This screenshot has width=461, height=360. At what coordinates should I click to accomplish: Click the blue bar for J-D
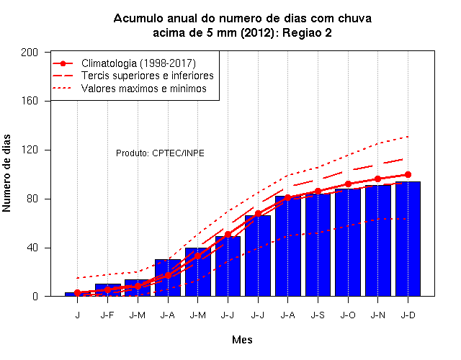point(408,239)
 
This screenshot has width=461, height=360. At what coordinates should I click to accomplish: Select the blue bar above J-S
point(318,245)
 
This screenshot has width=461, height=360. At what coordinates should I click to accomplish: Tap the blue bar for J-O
point(348,243)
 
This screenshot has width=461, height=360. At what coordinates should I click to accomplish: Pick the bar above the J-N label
point(377,240)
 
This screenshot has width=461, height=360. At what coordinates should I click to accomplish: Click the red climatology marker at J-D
point(408,174)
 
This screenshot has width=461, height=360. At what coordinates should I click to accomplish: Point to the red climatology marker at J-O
point(348,184)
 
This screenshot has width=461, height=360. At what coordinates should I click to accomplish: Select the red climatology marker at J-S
point(318,192)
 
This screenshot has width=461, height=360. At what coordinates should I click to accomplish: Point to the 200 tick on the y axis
point(30,53)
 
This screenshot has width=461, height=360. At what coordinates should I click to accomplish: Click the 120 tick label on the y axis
point(30,150)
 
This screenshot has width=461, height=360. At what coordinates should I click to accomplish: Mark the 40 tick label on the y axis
point(32,248)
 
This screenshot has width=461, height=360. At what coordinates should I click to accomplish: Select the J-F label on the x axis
point(107,315)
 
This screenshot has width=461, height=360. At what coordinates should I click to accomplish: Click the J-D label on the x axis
point(408,315)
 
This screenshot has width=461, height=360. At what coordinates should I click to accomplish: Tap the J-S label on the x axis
point(318,315)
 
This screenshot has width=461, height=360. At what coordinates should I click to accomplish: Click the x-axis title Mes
point(242,340)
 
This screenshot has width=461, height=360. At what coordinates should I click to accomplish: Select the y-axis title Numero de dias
point(6,174)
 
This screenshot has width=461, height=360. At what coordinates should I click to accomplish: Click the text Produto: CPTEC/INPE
point(160,153)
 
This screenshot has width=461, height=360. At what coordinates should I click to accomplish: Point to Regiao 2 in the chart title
point(307,32)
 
